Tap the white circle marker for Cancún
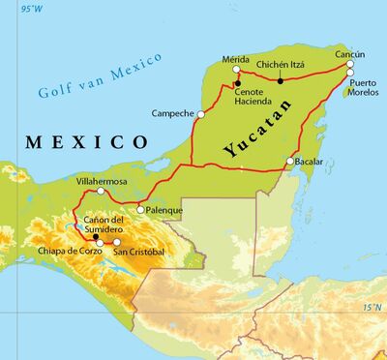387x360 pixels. [x=350, y=72]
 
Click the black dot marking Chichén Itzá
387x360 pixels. [x=281, y=80]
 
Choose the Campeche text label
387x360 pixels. [x=172, y=114]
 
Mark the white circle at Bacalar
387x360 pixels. [x=290, y=161]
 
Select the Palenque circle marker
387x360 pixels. [x=140, y=209]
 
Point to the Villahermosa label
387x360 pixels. [x=102, y=180]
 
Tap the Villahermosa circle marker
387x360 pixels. [x=101, y=191]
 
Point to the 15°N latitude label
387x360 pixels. [x=373, y=307]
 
